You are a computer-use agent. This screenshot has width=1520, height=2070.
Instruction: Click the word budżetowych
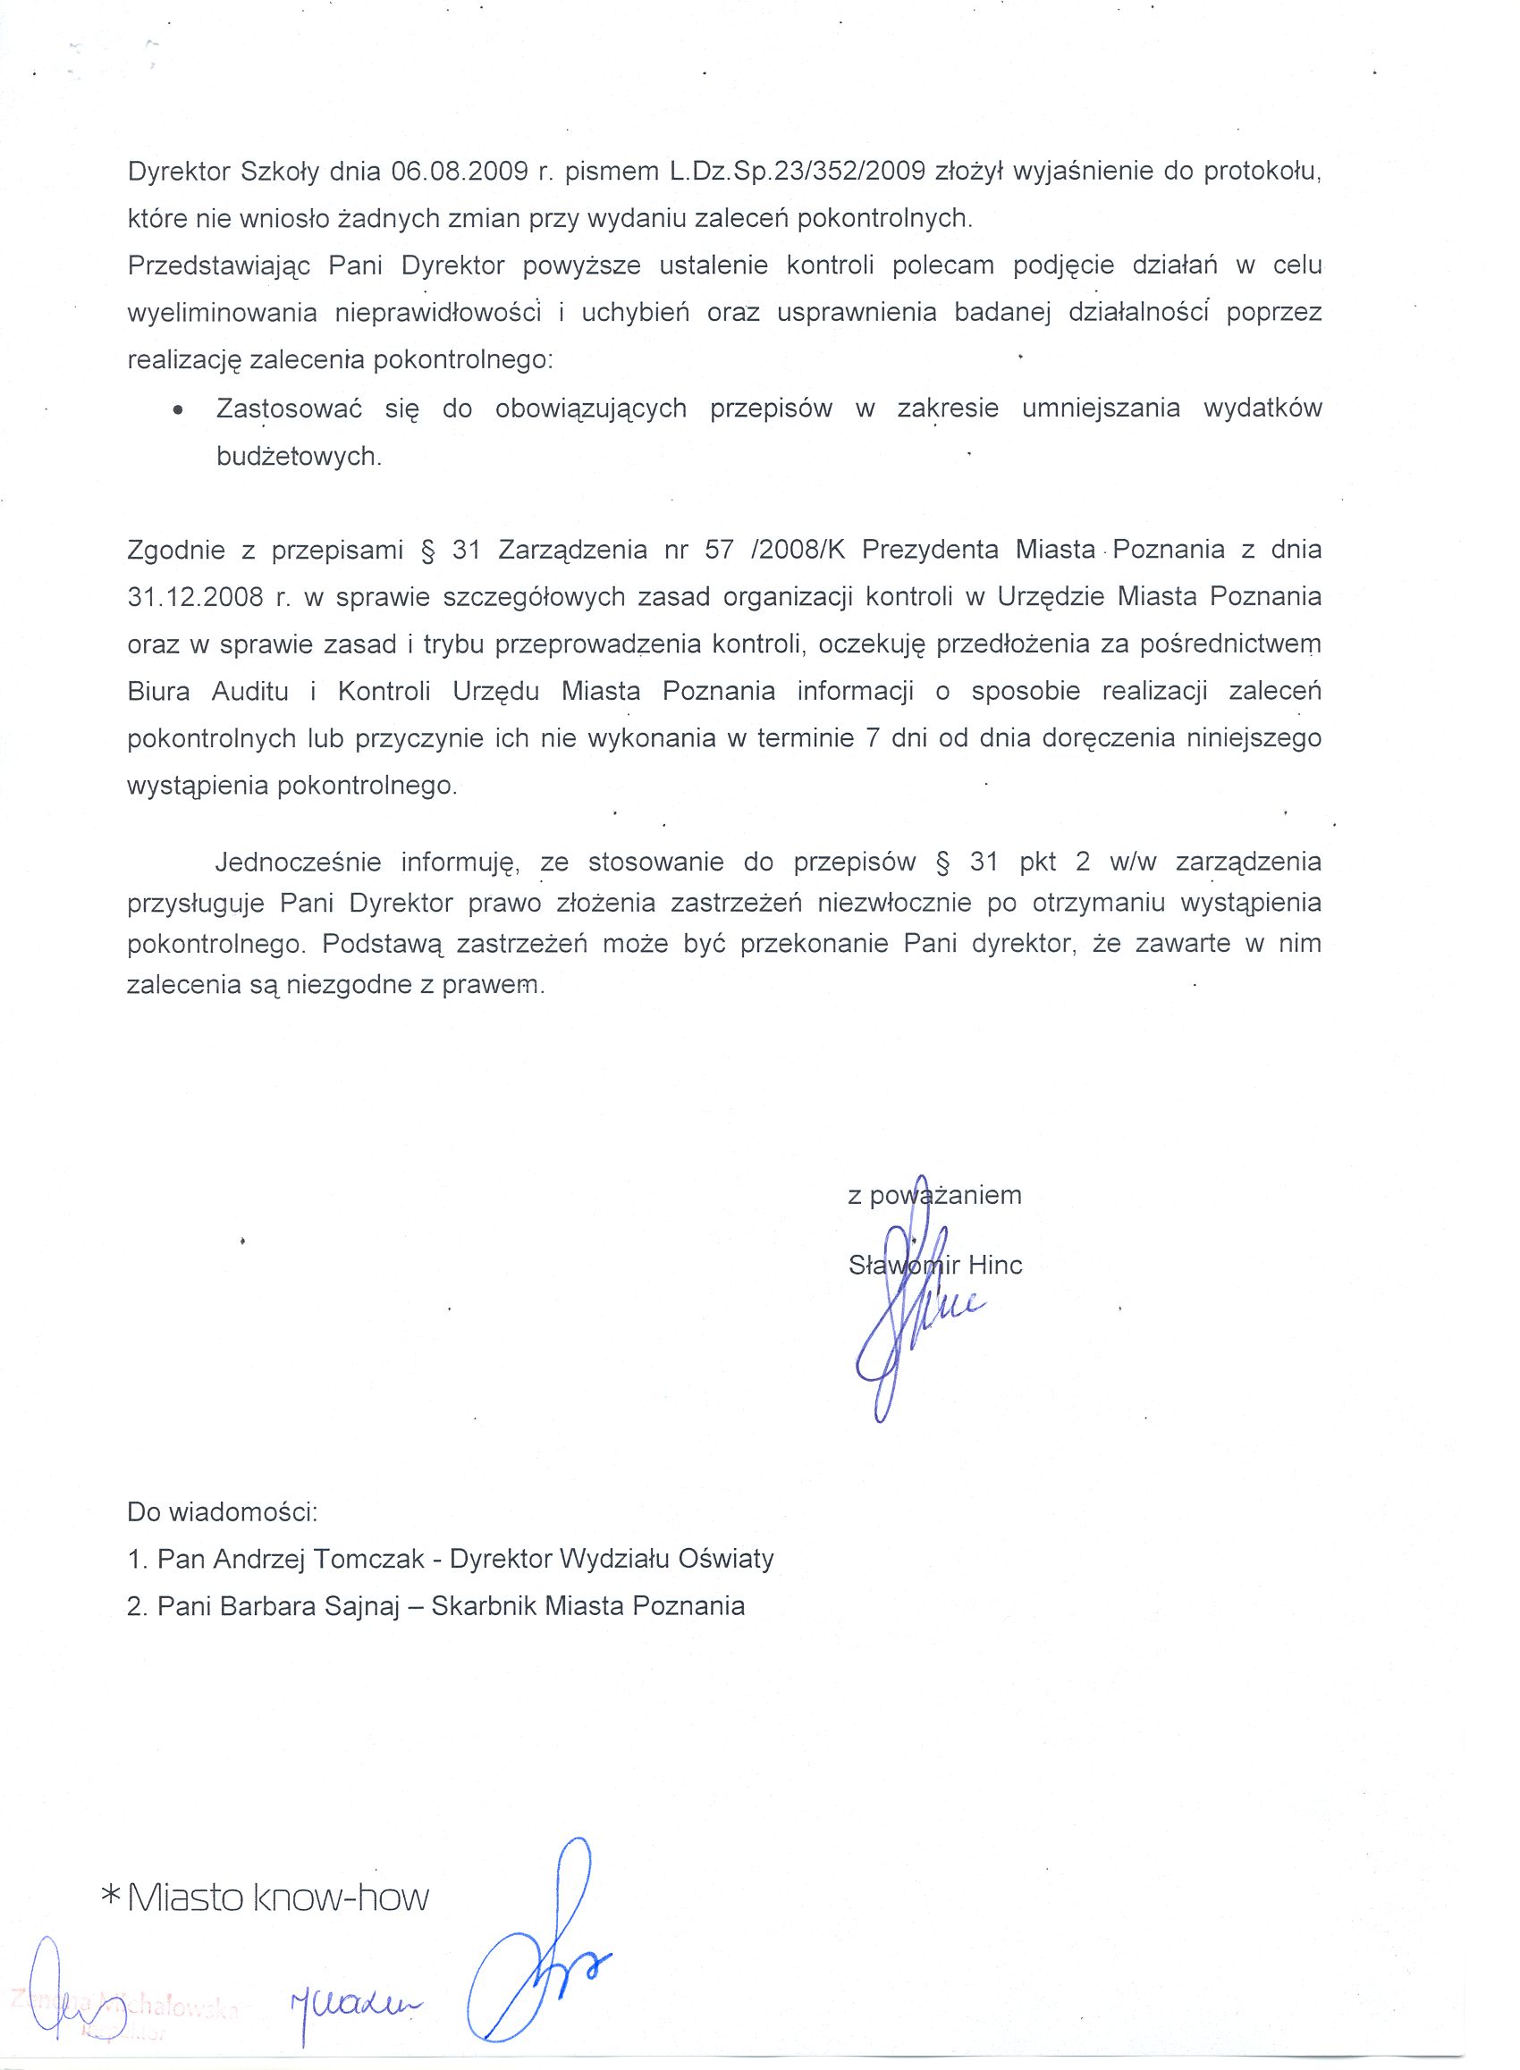tap(298, 457)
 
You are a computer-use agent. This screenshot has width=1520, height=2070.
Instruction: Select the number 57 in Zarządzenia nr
tap(719, 550)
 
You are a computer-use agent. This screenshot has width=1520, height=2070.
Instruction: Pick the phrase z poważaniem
tap(933, 1195)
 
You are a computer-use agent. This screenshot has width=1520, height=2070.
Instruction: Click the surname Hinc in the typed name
tap(994, 1265)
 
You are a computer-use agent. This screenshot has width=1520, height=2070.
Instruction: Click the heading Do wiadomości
tap(222, 1511)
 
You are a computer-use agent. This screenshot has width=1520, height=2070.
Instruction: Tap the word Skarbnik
tap(483, 1605)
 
